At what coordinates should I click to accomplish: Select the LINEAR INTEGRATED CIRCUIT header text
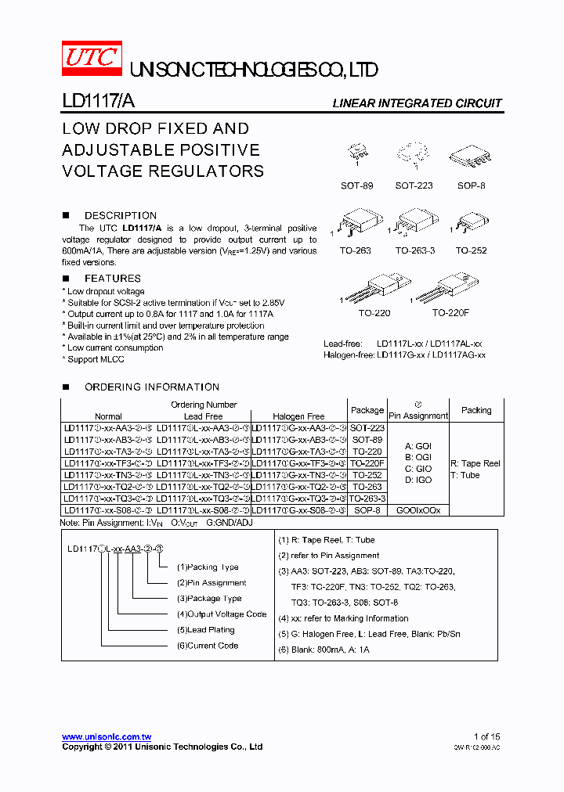pos(417,103)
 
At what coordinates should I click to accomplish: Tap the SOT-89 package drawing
pos(358,157)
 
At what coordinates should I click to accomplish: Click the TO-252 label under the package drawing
pos(472,251)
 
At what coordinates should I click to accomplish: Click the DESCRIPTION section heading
pos(120,215)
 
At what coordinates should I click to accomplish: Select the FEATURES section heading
pos(113,279)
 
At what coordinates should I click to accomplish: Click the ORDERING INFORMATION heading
pos(152,387)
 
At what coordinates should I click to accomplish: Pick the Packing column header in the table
pos(476,410)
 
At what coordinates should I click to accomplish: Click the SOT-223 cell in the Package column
pos(367,428)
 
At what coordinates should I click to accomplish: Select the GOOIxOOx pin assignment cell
pos(418,509)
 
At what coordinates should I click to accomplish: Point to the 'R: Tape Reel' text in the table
pos(475,463)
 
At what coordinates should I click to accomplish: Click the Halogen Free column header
pos(298,416)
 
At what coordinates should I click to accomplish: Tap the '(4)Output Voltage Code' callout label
pos(222,614)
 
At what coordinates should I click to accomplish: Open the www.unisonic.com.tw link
pos(107,737)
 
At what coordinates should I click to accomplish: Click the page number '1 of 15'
pos(486,736)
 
